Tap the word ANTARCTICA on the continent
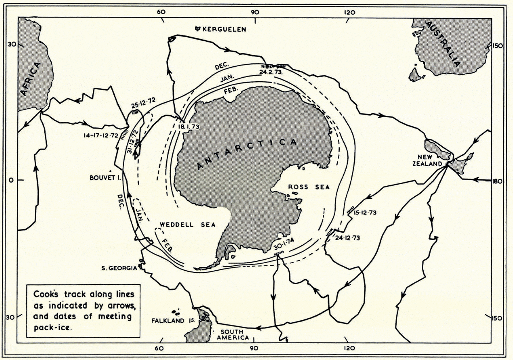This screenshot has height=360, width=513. point(246,154)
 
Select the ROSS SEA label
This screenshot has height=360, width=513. point(309,187)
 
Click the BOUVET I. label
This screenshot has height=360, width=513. point(105,178)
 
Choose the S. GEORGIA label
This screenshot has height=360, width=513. point(119,268)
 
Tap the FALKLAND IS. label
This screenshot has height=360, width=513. point(173,321)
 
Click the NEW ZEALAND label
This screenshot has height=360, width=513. point(427,160)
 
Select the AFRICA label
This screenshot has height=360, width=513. point(32,79)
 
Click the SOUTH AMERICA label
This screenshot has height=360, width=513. point(233,335)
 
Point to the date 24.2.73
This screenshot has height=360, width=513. point(271,72)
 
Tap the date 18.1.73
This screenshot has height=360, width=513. point(189,127)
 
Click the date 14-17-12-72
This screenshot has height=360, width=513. point(101,135)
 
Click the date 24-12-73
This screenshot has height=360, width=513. point(348,238)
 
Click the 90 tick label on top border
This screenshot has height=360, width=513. point(255,12)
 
